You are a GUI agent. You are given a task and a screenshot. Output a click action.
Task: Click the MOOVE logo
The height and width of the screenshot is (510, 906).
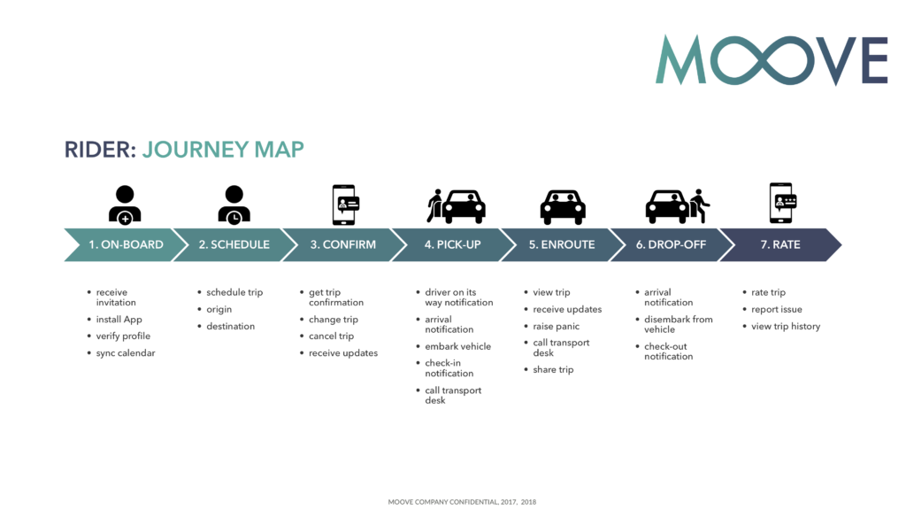[772, 60]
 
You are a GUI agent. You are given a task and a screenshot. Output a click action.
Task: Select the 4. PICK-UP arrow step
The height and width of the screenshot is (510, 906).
[453, 244]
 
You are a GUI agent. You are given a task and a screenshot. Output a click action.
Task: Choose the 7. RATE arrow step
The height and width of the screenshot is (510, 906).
[780, 244]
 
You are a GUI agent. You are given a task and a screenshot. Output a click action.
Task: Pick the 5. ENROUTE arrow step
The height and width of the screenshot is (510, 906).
[562, 244]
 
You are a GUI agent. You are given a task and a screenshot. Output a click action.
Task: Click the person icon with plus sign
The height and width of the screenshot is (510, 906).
[125, 205]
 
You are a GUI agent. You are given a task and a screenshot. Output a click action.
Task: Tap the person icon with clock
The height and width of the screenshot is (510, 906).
[234, 205]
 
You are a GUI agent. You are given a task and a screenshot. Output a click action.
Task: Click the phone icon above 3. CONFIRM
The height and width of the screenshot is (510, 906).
[346, 205]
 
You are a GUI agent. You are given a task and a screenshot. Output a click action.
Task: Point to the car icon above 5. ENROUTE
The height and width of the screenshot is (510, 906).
[563, 207]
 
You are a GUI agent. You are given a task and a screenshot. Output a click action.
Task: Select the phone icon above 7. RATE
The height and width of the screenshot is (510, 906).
[783, 203]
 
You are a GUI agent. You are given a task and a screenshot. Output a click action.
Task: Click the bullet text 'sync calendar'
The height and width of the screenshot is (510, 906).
[126, 352]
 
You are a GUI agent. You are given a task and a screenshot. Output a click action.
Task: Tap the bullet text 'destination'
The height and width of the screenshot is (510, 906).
[231, 326]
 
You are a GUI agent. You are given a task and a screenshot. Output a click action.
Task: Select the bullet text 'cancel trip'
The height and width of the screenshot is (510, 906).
[331, 336]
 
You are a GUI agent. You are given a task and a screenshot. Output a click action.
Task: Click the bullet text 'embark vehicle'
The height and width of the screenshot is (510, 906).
[457, 346]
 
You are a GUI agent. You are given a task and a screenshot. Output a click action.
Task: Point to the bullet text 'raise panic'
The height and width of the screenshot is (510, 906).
[556, 326]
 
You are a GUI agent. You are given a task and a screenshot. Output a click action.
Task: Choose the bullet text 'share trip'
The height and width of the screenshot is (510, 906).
[553, 369]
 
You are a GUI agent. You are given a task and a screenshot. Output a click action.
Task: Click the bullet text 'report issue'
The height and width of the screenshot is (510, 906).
[777, 309]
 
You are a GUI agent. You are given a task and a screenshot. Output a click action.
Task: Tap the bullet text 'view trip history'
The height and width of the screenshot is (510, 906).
[786, 326]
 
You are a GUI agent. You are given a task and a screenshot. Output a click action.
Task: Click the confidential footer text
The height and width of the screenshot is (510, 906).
[462, 502]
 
